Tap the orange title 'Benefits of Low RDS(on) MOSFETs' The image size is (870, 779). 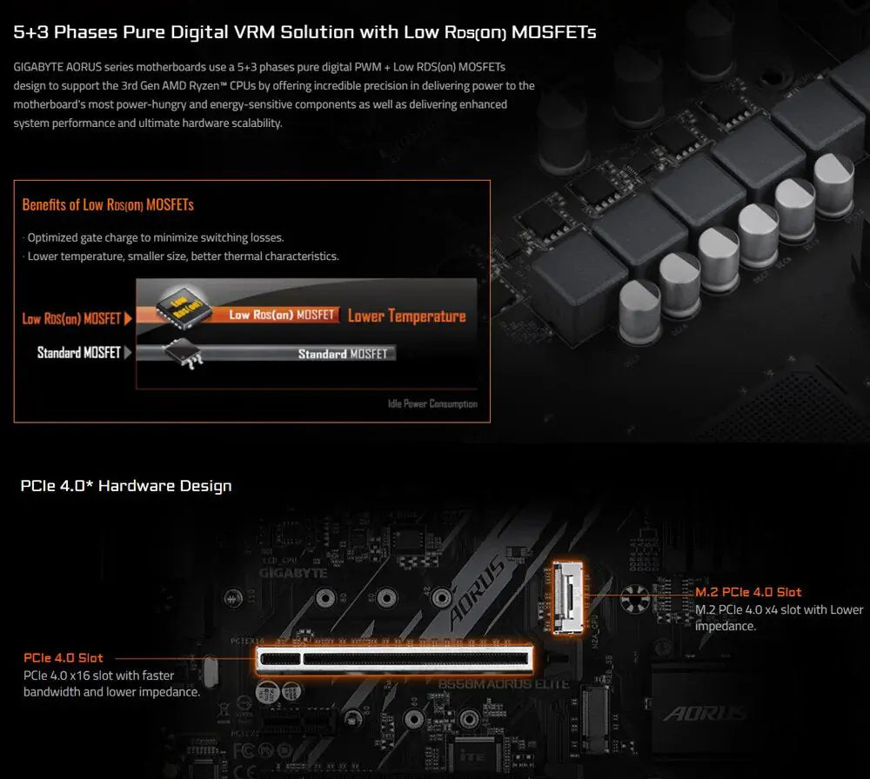point(108,205)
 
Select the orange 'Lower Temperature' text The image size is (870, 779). point(406,316)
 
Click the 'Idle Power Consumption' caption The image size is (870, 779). point(432,404)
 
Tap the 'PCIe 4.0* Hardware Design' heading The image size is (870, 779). point(126,485)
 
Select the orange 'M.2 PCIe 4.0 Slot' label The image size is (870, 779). point(748,592)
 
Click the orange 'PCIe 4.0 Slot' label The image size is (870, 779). point(64,658)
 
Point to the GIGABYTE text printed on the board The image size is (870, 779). point(292,573)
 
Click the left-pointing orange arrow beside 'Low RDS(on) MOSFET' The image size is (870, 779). point(129,318)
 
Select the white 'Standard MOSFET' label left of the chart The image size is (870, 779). point(78,353)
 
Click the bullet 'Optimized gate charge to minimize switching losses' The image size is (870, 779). point(155,237)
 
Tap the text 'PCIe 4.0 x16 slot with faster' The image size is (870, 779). point(98,676)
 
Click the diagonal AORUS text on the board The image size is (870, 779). point(477,591)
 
